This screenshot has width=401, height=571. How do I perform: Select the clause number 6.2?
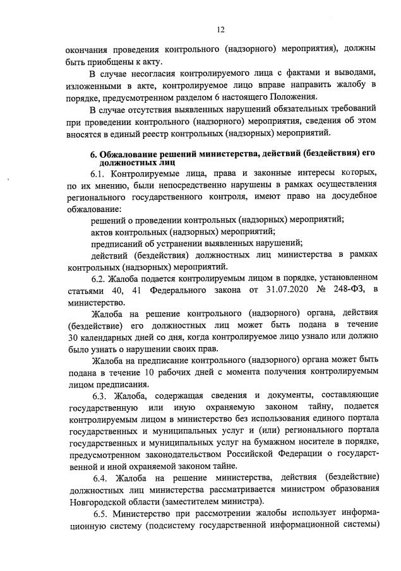coord(100,277)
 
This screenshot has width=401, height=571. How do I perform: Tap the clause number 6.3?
coord(101,396)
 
